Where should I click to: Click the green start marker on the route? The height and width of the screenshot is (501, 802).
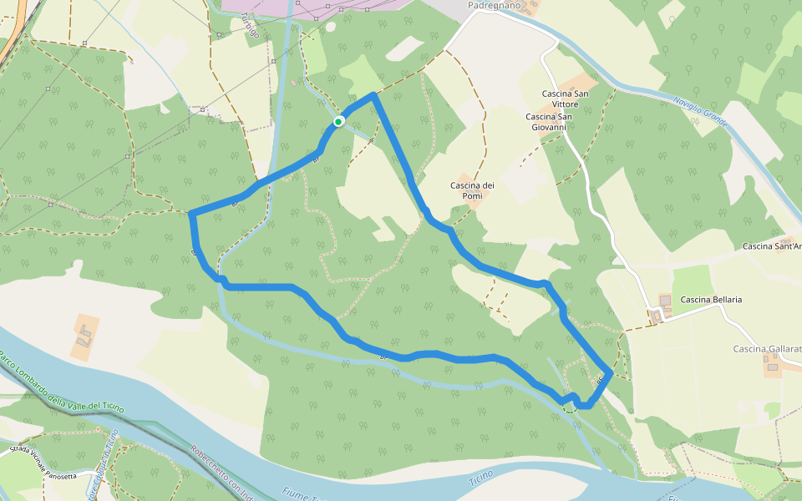(x=338, y=122)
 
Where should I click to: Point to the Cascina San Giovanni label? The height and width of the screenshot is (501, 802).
(x=550, y=122)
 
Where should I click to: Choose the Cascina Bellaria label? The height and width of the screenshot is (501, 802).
(x=711, y=299)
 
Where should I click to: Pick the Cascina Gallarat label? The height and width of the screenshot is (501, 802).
(x=767, y=348)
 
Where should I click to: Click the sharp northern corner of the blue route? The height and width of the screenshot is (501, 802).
(x=373, y=94)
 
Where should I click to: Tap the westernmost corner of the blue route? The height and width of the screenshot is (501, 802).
(x=191, y=215)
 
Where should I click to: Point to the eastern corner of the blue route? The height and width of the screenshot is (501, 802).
(x=612, y=374)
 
